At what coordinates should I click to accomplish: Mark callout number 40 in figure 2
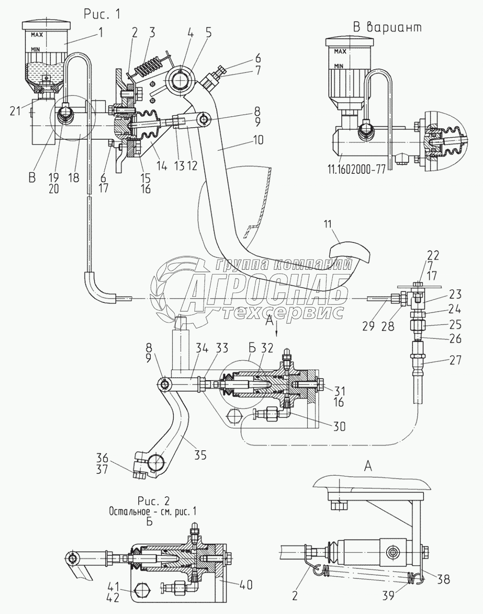pyautogui.click(x=245, y=585)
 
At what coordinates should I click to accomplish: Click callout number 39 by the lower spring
pyautogui.click(x=388, y=595)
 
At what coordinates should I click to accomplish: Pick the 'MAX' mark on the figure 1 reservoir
pyautogui.click(x=36, y=35)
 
